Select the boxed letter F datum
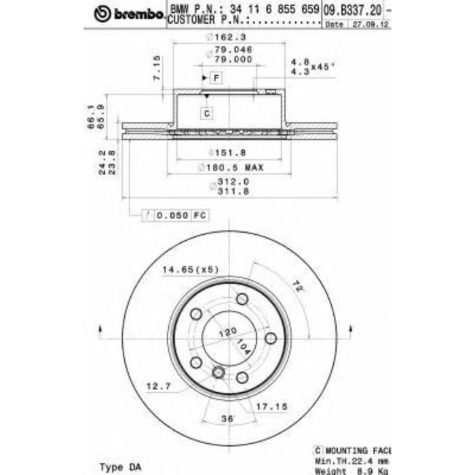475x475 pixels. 216,79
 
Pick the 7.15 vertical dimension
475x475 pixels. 157,68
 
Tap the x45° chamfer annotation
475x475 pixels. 323,66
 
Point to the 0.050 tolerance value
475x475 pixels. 170,215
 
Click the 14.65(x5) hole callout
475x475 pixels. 190,269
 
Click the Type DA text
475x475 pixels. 121,467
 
